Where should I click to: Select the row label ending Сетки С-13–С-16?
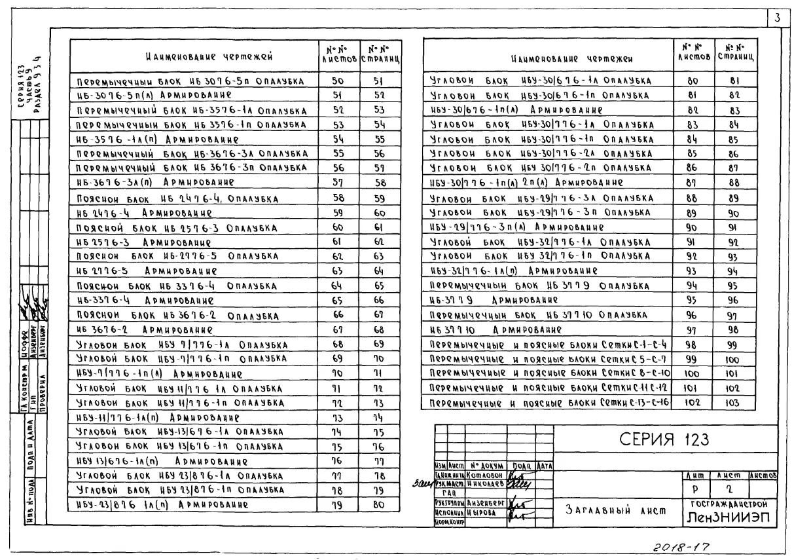(548, 401)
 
